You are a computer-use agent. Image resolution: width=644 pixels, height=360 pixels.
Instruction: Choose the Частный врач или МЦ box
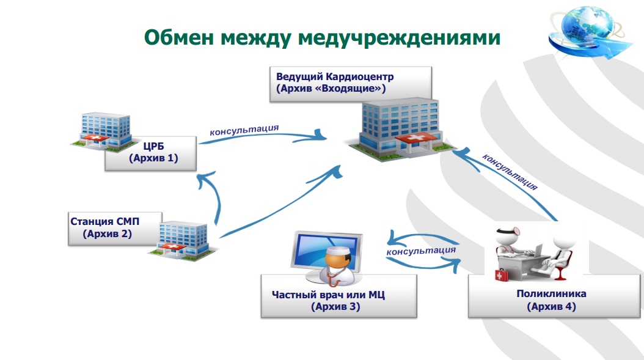[338, 296]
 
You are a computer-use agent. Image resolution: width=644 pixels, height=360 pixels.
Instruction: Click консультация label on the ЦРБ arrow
[244, 130]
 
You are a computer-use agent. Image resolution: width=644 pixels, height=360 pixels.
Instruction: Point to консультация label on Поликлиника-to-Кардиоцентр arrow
[510, 172]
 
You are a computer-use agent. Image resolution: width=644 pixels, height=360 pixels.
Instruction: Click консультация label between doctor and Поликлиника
[422, 250]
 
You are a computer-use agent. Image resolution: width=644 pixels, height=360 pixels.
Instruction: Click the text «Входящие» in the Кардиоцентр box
[356, 89]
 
